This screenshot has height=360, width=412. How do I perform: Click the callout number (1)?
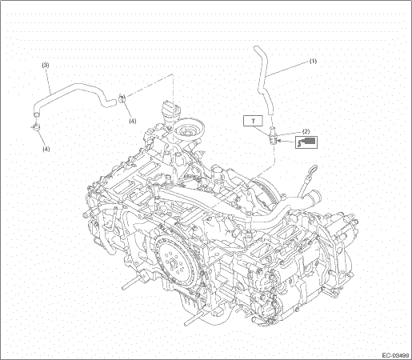[313, 61]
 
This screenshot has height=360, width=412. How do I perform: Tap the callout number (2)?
[306, 131]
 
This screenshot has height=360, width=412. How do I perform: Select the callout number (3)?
[46, 65]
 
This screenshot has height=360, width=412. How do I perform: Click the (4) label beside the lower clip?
[46, 150]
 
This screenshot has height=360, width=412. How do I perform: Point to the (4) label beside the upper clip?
[133, 121]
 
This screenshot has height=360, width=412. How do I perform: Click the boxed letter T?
[253, 121]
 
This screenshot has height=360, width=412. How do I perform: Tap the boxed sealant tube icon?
[306, 142]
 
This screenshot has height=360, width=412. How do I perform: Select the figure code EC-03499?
[396, 355]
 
